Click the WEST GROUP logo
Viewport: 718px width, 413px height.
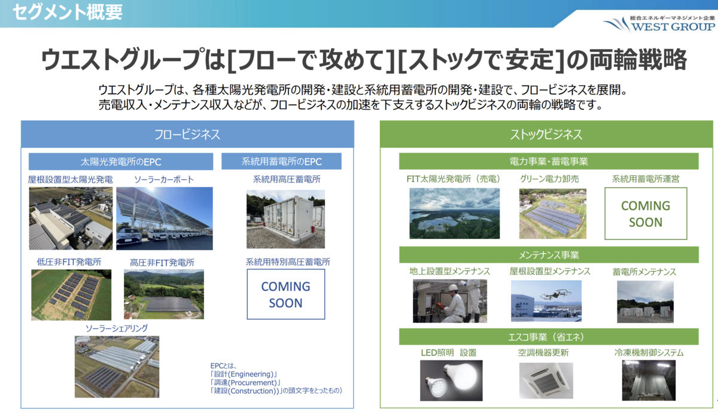tap(659, 24)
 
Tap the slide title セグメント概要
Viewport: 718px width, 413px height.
tap(68, 12)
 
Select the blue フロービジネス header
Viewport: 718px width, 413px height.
tap(187, 134)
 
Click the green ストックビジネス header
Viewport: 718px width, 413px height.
tap(546, 134)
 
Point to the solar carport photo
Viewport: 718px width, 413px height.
tap(165, 218)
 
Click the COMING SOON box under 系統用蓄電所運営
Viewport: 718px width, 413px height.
tap(646, 214)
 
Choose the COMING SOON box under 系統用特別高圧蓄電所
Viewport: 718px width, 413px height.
tap(285, 294)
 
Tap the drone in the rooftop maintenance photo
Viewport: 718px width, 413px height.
tap(555, 294)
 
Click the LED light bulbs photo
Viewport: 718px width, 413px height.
tap(451, 380)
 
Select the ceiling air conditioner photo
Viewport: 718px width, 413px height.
tap(546, 381)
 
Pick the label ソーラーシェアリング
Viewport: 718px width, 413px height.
tap(117, 329)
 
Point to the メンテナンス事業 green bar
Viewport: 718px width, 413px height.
tap(549, 255)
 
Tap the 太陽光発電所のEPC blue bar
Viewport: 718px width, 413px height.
tap(121, 162)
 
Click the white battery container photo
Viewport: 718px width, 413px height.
tap(285, 219)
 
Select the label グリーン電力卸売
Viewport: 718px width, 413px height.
tap(549, 179)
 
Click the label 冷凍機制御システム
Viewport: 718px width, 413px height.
tap(649, 353)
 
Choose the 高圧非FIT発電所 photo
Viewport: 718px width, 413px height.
tap(164, 294)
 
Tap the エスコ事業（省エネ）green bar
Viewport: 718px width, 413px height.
tap(549, 336)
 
